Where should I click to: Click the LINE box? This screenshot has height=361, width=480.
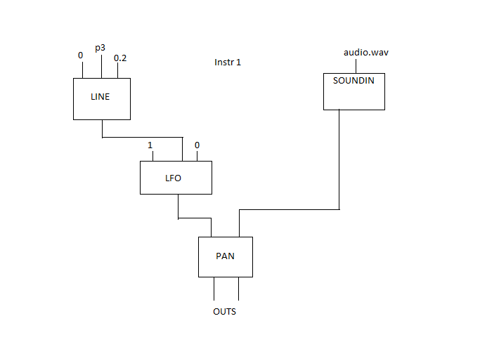[x=102, y=98]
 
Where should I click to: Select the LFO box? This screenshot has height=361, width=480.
[x=176, y=178]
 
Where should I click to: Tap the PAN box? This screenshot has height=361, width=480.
[x=225, y=256]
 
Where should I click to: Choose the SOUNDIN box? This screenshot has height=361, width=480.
[x=353, y=91]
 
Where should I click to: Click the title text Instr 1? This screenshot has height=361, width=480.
[x=228, y=63]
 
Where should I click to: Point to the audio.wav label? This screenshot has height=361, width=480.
[x=365, y=52]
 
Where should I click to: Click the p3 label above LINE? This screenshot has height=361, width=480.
[x=100, y=48]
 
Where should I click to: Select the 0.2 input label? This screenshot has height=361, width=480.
[x=120, y=58]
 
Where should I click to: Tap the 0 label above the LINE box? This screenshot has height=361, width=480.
[x=80, y=55]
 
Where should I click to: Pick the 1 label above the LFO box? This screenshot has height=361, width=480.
[x=150, y=145]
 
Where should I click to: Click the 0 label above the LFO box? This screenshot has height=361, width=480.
[x=197, y=145]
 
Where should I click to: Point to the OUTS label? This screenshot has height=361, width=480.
[x=224, y=311]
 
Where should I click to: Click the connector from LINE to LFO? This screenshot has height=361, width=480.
[x=141, y=137]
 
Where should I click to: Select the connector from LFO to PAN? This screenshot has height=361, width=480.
[x=194, y=218]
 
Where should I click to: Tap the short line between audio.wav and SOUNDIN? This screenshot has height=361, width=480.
[x=357, y=65]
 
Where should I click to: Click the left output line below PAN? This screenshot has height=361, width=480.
[x=214, y=289]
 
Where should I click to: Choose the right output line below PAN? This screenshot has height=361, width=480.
[x=238, y=289]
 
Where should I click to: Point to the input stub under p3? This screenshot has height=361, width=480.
[x=101, y=66]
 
